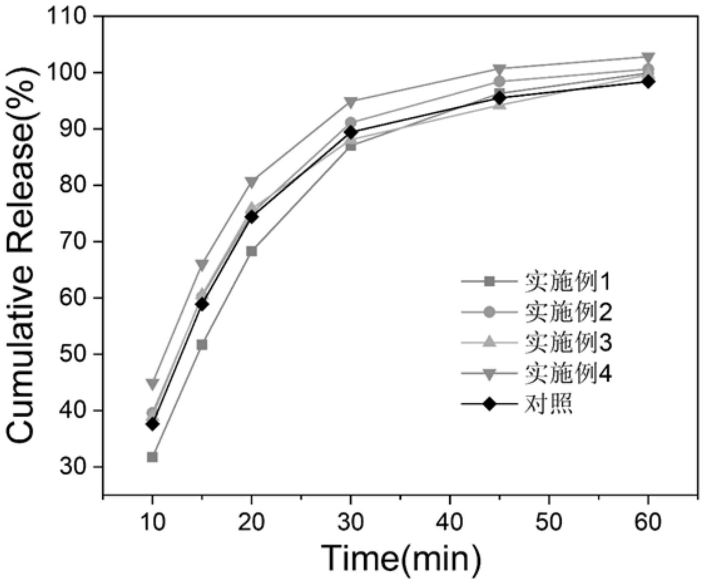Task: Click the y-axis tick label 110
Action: pos(67,17)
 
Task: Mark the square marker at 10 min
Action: pos(152,457)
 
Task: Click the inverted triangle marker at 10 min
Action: pos(152,383)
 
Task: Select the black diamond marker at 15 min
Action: pos(202,304)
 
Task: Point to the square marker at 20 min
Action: pos(251,251)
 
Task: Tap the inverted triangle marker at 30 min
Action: pos(351,102)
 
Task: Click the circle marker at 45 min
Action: pos(499,82)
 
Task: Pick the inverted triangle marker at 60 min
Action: pos(648,57)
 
